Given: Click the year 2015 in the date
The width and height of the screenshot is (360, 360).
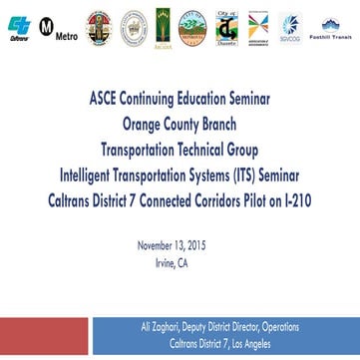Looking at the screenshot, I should point(202,243).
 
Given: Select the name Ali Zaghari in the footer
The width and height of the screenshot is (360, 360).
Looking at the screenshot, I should point(152,326).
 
